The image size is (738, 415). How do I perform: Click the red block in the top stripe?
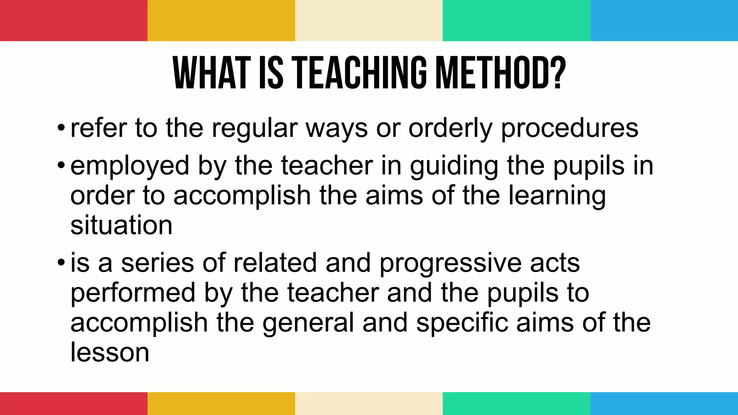point(74,21)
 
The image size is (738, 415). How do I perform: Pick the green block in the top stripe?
point(516,21)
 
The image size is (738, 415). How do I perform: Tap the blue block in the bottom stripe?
point(664,403)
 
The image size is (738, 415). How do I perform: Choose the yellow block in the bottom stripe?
point(221,403)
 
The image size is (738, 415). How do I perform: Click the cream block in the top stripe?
point(369,21)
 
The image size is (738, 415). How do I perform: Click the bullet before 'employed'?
point(61,166)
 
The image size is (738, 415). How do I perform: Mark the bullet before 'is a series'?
point(61,263)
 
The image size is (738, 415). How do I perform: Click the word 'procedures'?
point(569,129)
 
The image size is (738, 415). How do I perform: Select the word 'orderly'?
point(450,129)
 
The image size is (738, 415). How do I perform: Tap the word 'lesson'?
point(110,352)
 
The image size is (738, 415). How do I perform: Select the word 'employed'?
point(130,166)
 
